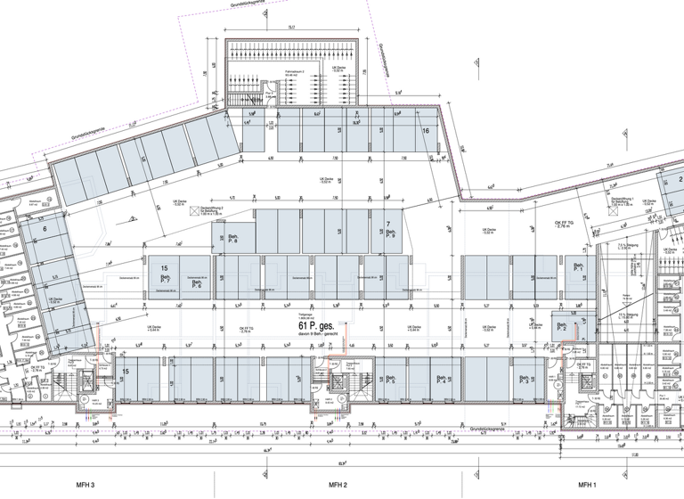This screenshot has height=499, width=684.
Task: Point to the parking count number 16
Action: click(426, 131)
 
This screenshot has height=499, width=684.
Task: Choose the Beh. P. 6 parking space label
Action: click(196, 284)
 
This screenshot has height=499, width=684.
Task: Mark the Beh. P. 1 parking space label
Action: click(578, 267)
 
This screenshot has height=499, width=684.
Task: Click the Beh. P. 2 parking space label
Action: click(562, 327)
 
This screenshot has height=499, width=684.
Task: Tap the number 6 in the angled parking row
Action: click(44, 228)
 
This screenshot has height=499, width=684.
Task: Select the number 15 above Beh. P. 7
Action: click(164, 268)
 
